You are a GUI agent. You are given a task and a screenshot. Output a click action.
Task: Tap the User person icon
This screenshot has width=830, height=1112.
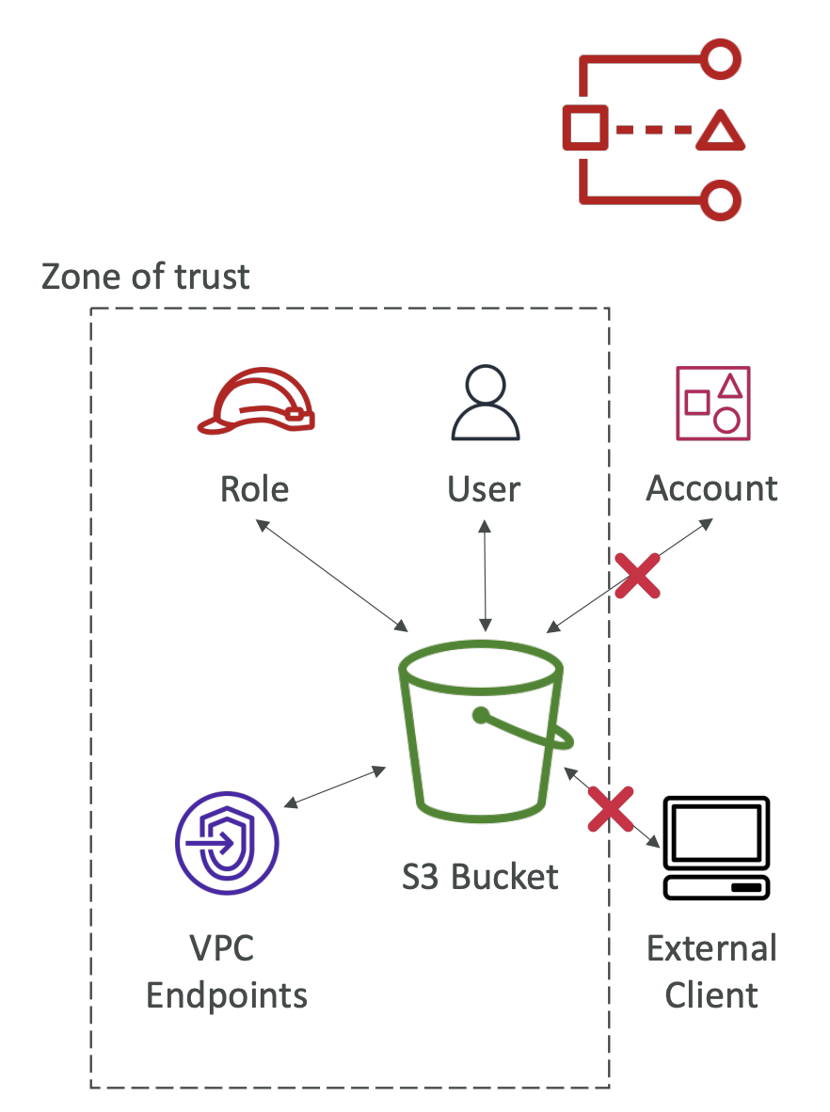coord(485,403)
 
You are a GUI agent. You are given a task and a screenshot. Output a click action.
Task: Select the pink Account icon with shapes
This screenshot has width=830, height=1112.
coord(712,403)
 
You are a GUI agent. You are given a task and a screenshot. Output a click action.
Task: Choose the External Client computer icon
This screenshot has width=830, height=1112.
coord(716,848)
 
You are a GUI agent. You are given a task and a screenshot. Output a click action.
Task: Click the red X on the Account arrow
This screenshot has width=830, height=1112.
coord(637,575)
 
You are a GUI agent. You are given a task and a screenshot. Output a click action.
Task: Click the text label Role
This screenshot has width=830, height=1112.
coord(254,489)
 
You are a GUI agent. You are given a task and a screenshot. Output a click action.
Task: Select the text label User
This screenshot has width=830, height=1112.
coord(484,489)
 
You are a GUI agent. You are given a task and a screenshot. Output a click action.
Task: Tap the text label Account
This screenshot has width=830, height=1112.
coord(711,489)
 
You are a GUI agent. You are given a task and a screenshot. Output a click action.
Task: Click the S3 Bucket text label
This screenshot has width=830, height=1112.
coord(480,877)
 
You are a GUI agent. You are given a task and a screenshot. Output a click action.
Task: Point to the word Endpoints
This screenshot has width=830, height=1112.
coord(227,995)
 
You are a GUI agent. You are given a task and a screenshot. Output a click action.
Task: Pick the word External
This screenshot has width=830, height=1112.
coord(711,948)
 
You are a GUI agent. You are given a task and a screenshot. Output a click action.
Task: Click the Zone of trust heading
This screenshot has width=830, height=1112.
coord(146,277)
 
